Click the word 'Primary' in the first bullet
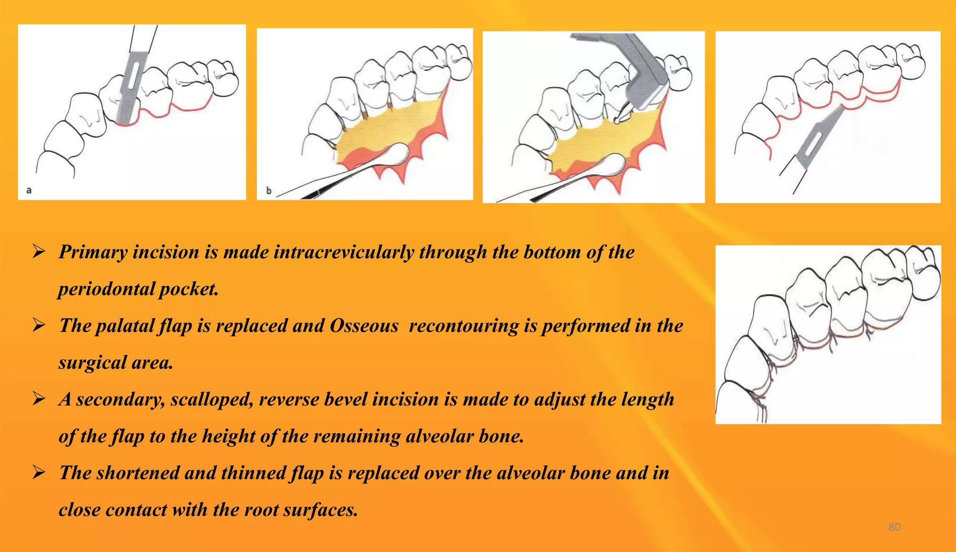93,253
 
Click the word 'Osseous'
364,326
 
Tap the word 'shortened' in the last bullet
138,473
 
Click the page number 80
894,527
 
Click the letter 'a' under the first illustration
29,190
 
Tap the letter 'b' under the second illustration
268,191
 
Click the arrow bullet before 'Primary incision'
39,252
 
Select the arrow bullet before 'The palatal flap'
39,326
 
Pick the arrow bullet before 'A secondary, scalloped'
39,399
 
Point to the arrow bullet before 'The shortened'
39,473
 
